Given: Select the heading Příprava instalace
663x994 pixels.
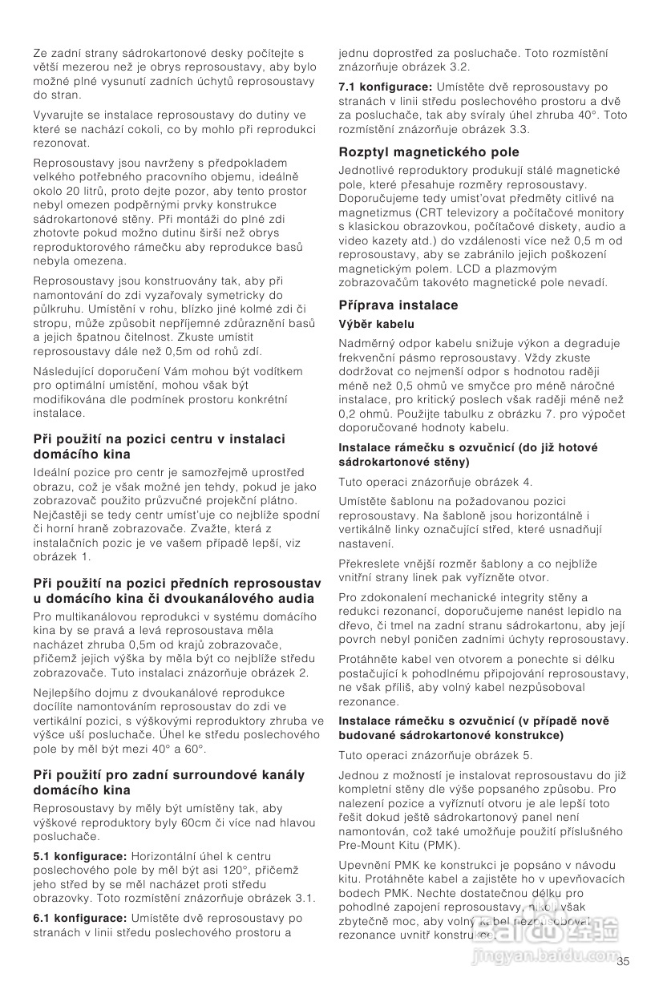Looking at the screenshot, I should (x=398, y=305).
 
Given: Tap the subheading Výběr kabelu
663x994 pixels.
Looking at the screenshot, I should (x=376, y=324).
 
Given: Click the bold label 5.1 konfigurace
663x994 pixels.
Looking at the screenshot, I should (x=79, y=856).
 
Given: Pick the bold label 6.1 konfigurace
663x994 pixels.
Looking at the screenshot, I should (x=79, y=918).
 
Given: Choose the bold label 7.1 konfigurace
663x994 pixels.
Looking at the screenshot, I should (x=386, y=87).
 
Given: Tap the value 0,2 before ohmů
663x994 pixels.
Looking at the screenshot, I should (x=350, y=414).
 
